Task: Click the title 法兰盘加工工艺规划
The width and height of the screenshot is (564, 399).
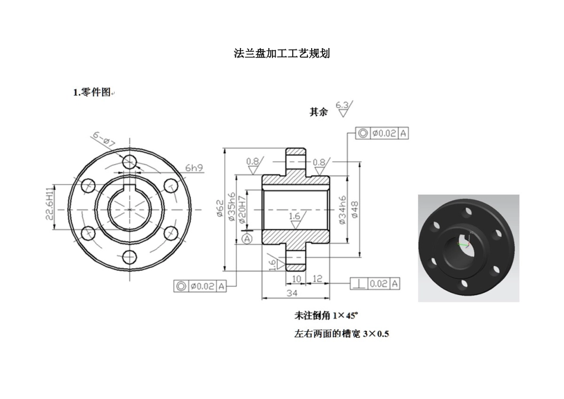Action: click(x=282, y=53)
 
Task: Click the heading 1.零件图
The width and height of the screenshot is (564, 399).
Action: click(x=92, y=92)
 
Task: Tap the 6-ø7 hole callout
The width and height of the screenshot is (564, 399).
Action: click(x=103, y=139)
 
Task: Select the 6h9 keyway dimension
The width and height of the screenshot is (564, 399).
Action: click(x=194, y=168)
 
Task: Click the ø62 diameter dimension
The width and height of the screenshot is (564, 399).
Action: click(x=220, y=209)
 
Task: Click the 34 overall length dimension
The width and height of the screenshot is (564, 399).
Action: click(x=292, y=293)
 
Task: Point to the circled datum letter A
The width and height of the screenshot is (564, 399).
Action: click(x=248, y=238)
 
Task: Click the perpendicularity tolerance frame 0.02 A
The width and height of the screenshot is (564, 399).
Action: click(x=375, y=284)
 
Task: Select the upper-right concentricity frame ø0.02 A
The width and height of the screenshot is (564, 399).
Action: click(x=382, y=134)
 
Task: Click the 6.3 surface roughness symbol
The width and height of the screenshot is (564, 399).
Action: click(x=343, y=108)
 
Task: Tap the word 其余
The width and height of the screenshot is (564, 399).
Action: click(x=318, y=112)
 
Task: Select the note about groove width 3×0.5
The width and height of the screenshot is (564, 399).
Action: click(x=341, y=334)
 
